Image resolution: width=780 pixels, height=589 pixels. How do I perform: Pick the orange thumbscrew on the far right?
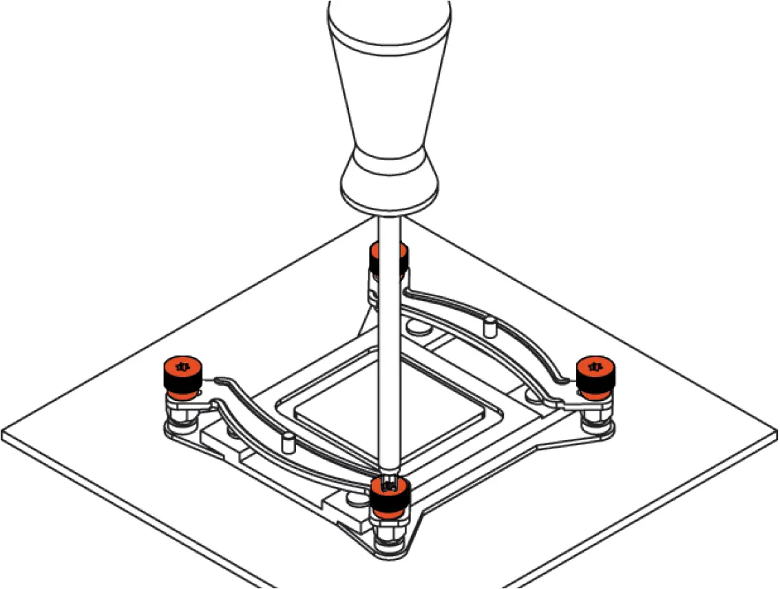(x=596, y=375)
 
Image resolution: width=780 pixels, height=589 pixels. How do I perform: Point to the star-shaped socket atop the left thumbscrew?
(x=182, y=366)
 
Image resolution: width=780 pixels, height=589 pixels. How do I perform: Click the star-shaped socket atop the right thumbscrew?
(x=596, y=365)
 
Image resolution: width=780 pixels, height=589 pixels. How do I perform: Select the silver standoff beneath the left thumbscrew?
(x=180, y=413)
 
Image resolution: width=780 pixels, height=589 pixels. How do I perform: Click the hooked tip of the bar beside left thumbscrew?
(x=220, y=380)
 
